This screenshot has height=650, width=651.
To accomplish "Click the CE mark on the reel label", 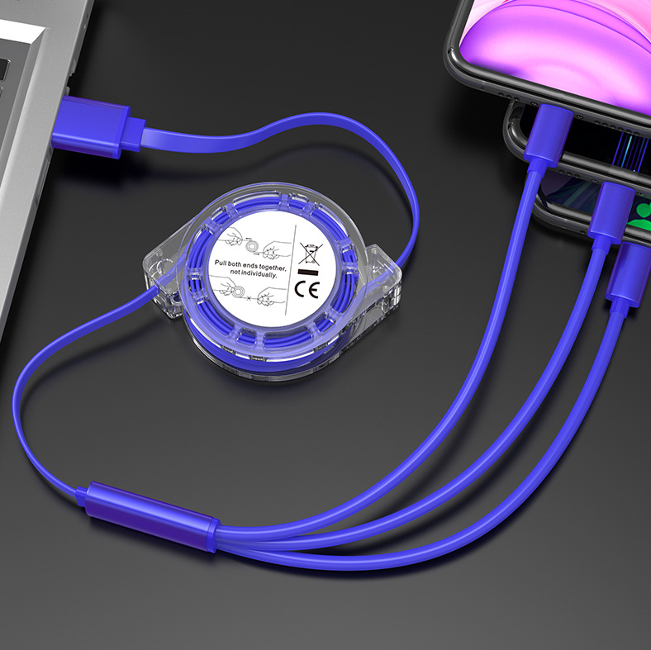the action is tap(307, 288).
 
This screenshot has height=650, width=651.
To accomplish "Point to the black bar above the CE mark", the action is tap(308, 273).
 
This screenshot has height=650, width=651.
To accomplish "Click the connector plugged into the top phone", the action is tap(547, 135).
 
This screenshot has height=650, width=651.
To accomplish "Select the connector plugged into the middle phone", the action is tap(610, 214).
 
